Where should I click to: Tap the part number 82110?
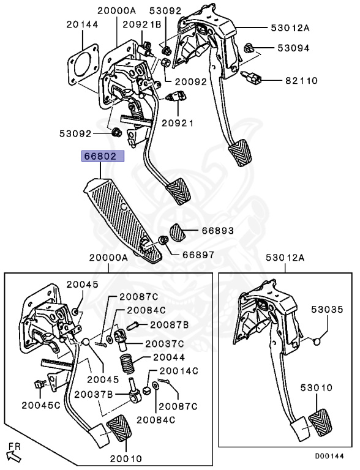tap(301, 81)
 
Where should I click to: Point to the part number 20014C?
tap(179, 371)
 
